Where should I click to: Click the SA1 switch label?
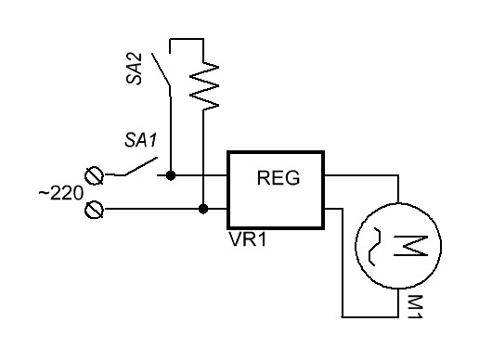pyautogui.click(x=141, y=140)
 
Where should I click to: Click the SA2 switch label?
pyautogui.click(x=134, y=69)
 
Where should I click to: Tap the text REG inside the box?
pyautogui.click(x=278, y=178)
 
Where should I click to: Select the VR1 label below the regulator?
pyautogui.click(x=247, y=239)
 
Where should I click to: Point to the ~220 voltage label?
pyautogui.click(x=61, y=193)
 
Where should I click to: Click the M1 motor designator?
pyautogui.click(x=415, y=306)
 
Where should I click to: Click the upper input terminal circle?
pyautogui.click(x=94, y=175)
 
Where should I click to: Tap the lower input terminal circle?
pyautogui.click(x=94, y=210)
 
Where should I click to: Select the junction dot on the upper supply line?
pyautogui.click(x=171, y=175)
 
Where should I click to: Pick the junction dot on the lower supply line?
pyautogui.click(x=203, y=209)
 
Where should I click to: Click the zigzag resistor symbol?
pyautogui.click(x=203, y=86)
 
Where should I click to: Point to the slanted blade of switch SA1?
pyautogui.click(x=141, y=167)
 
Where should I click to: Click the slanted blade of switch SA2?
pyautogui.click(x=161, y=70)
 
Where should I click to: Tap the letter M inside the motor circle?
pyautogui.click(x=410, y=246)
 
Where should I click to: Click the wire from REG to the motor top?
pyautogui.click(x=361, y=175)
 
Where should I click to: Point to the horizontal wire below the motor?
pyautogui.click(x=370, y=316)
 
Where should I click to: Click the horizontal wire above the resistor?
pyautogui.click(x=187, y=39)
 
